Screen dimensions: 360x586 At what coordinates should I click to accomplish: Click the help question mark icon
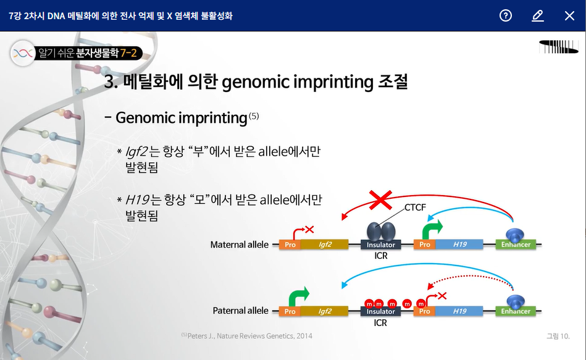506,15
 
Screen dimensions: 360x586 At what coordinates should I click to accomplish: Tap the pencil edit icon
537,15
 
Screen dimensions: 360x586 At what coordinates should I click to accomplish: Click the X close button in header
569,15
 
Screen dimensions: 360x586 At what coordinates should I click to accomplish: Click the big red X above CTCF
381,200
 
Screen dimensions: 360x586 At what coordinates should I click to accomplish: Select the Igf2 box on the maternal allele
325,245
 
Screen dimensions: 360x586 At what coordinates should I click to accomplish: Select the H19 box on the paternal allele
459,311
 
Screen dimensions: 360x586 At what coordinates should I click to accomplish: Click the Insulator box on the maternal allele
380,245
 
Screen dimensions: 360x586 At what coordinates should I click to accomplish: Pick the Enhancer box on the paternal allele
516,311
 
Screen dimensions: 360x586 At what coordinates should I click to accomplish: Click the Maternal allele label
239,245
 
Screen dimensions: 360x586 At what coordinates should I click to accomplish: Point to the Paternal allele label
240,311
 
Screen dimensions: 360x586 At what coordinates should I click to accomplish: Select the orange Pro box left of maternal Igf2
290,245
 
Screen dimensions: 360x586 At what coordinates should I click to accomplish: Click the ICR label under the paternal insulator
380,322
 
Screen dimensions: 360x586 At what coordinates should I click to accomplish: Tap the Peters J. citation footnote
247,336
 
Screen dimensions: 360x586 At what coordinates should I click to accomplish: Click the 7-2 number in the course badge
128,54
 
